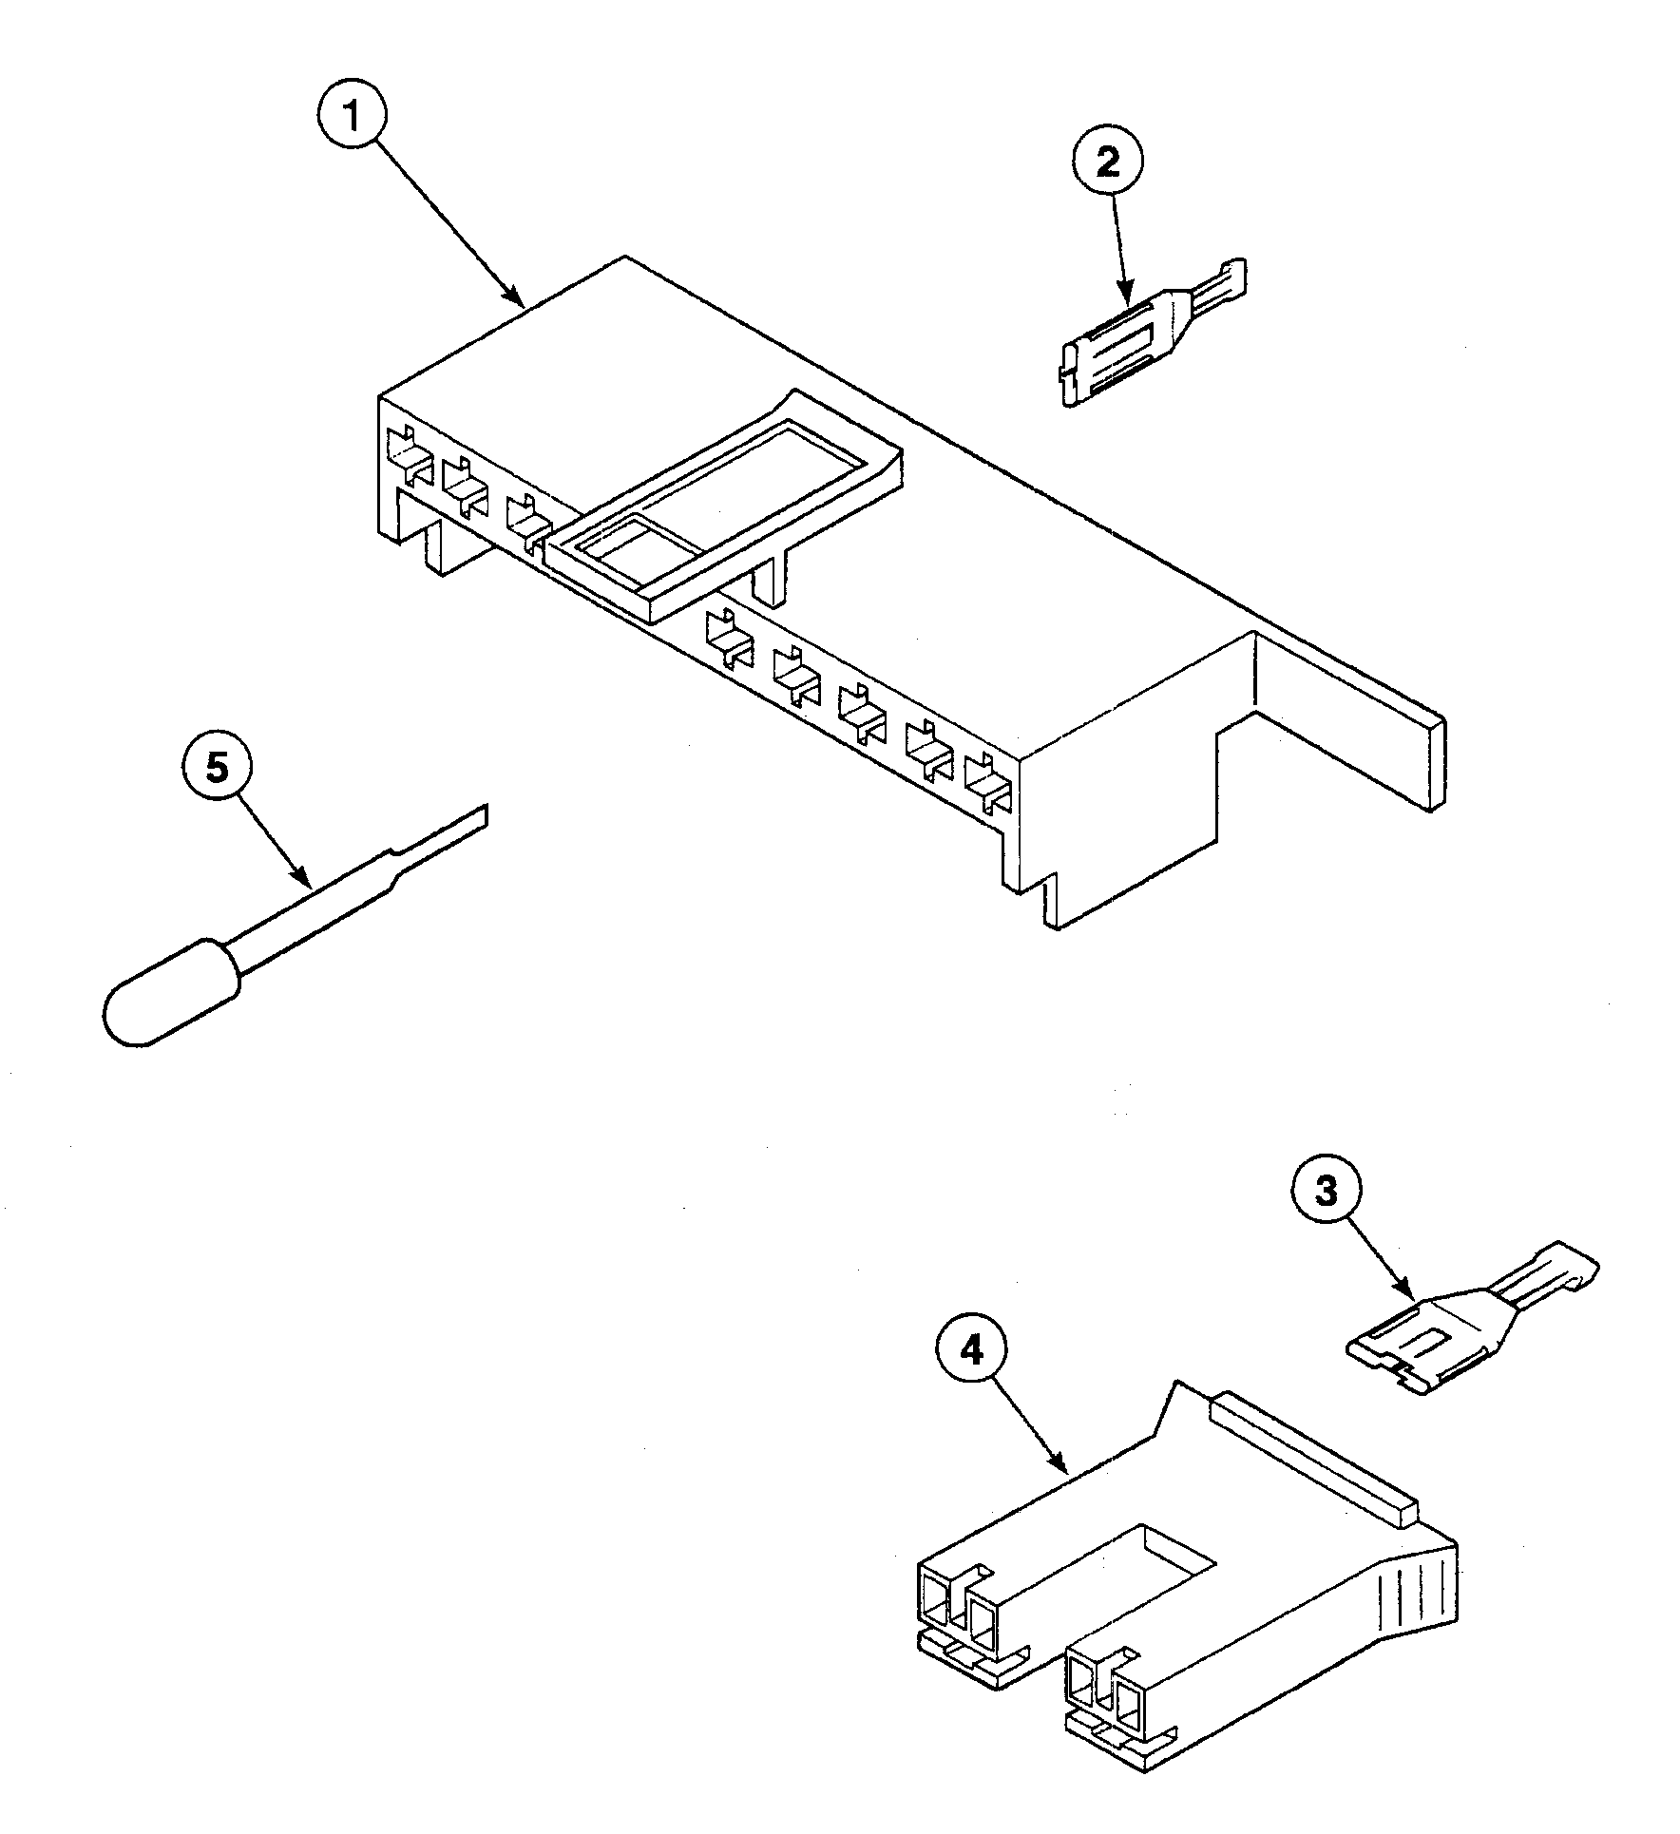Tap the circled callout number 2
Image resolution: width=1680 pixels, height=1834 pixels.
click(x=1108, y=163)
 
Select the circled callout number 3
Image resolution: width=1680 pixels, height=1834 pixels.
click(x=1326, y=1193)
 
